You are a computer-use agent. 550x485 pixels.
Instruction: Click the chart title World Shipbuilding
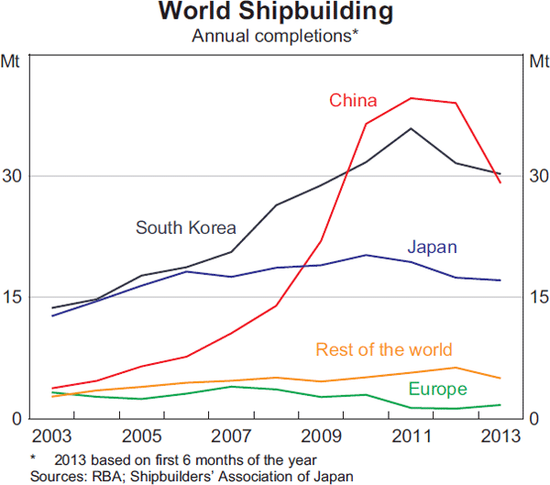click(x=274, y=13)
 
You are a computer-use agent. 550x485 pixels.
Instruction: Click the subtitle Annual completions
click(x=274, y=37)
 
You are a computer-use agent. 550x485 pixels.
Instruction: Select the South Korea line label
click(x=186, y=228)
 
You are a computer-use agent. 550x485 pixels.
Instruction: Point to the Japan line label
click(x=432, y=248)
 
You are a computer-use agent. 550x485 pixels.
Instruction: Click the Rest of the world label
click(x=383, y=349)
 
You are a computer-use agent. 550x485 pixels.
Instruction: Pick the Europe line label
click(x=438, y=389)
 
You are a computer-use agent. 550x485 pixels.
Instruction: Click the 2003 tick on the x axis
click(x=53, y=434)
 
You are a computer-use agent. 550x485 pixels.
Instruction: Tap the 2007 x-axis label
click(x=232, y=434)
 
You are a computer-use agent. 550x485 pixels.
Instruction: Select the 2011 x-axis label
click(x=411, y=434)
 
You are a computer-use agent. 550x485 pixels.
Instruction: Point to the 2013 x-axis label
click(x=499, y=434)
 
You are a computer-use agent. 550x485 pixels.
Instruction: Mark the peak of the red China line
click(x=411, y=98)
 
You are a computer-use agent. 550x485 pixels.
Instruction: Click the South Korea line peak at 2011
click(x=411, y=128)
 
